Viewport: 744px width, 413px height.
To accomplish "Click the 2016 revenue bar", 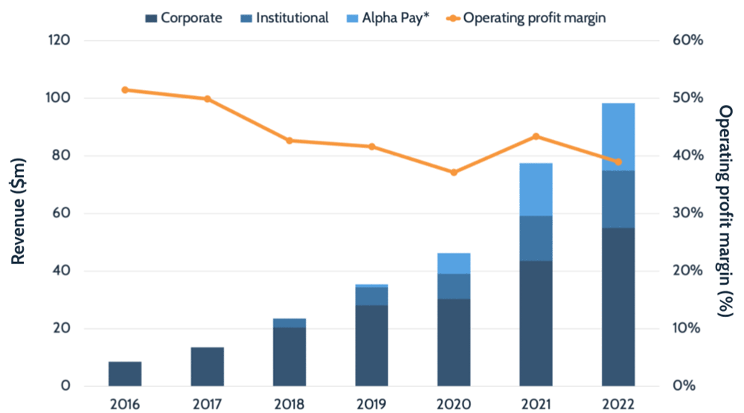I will point(125,374).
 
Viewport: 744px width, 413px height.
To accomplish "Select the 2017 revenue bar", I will point(207,366).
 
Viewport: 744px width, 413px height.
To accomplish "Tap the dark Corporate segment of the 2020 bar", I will point(454,342).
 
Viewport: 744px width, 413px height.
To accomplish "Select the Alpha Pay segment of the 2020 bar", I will point(454,263).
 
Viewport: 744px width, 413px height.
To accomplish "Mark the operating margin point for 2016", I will point(125,89).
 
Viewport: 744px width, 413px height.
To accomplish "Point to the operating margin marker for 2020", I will point(454,172).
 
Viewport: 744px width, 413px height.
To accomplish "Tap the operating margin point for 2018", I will point(289,140).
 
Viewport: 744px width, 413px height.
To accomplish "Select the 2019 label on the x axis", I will point(371,405).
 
